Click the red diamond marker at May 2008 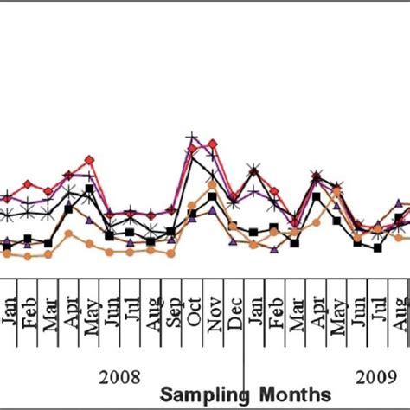pyautogui.click(x=89, y=160)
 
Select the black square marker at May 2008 pyautogui.click(x=89, y=189)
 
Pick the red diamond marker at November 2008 pyautogui.click(x=213, y=143)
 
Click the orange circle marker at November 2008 pyautogui.click(x=213, y=184)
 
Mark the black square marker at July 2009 pyautogui.click(x=378, y=248)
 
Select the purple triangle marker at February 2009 pyautogui.click(x=274, y=249)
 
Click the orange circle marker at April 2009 pyautogui.click(x=316, y=222)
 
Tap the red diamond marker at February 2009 pyautogui.click(x=274, y=190)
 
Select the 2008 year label pyautogui.click(x=120, y=376)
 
